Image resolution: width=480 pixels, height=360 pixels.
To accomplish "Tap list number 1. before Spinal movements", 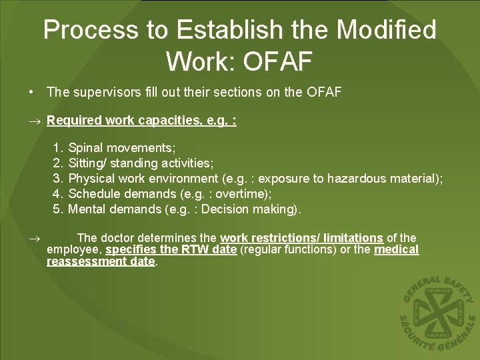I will coord(58,147).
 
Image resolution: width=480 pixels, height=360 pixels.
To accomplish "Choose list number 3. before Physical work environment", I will coord(58,178).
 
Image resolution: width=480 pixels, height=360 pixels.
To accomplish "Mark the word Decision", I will coord(227,209).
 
